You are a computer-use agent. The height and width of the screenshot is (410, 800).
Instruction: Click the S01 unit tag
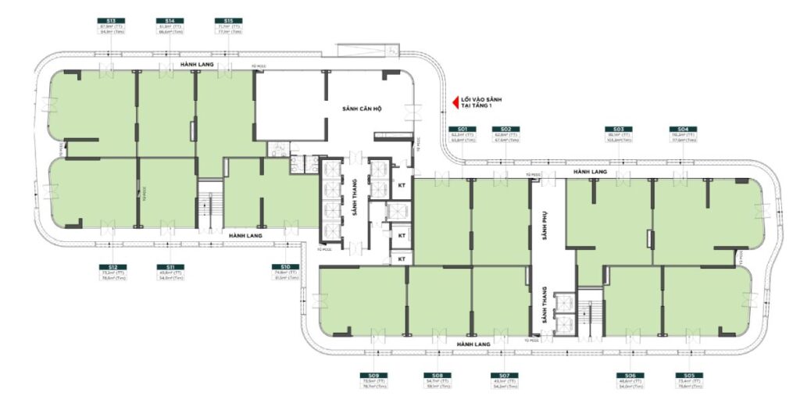[x=462, y=128]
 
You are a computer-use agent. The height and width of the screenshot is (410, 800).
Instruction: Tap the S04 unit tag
[x=682, y=128]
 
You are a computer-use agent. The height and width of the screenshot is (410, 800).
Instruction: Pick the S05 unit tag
[x=687, y=375]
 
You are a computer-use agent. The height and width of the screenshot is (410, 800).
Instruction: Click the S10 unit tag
[x=286, y=267]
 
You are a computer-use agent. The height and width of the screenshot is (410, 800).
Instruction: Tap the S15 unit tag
[x=227, y=20]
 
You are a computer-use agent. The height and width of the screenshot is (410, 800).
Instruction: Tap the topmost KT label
[x=402, y=187]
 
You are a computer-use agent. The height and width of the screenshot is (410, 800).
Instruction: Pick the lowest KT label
[x=402, y=258]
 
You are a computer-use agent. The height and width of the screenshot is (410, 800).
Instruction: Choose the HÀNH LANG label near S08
[x=473, y=344]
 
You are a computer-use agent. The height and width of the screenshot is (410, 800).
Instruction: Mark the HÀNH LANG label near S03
[x=590, y=171]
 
